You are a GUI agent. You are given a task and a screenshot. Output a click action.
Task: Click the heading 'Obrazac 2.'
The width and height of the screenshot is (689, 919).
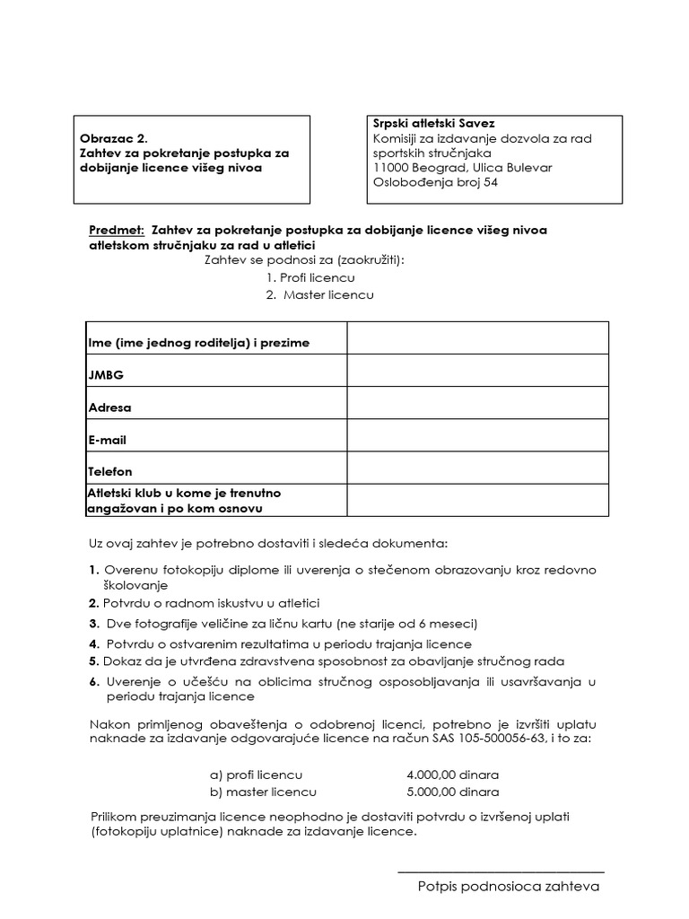pos(113,139)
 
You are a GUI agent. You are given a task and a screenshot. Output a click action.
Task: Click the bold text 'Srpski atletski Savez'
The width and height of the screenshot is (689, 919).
pos(433,123)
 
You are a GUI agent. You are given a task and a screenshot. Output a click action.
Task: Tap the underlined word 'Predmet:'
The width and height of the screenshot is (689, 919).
pos(117,230)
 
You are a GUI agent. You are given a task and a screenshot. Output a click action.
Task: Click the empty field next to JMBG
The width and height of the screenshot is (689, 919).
pos(477,370)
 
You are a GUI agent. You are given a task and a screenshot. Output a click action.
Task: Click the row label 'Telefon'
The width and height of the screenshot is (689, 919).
pos(110,471)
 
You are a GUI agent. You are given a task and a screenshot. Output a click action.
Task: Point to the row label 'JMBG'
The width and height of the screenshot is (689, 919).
pos(106,375)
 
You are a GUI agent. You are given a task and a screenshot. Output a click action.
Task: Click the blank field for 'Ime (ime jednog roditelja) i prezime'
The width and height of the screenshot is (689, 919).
pos(477,337)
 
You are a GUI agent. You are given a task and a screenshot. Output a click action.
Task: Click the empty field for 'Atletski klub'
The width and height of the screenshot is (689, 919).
pos(477,500)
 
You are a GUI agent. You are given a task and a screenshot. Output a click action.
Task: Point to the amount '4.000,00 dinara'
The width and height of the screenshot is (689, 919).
pos(452,775)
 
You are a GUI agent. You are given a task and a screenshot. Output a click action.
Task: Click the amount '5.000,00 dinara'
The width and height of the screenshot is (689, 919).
pos(452,792)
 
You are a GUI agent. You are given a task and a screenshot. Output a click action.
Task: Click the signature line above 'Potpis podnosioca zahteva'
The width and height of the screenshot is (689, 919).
pos(500,871)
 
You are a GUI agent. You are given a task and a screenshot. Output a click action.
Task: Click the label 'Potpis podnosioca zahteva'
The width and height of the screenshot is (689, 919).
pos(508,887)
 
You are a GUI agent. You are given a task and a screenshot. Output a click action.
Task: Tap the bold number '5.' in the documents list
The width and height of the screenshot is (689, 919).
pos(93,661)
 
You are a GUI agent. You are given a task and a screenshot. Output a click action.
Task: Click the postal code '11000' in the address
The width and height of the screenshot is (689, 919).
pos(390,168)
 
